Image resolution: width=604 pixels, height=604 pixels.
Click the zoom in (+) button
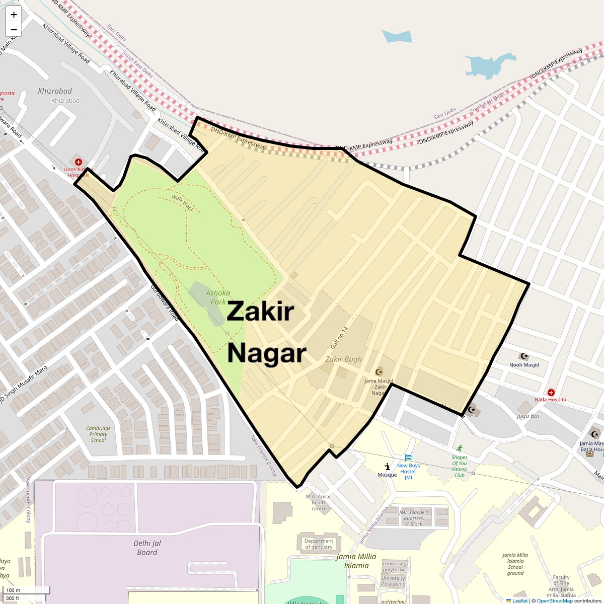pos(14,15)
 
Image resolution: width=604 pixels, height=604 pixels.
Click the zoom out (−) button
pos(14,29)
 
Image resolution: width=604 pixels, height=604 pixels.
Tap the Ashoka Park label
pos(218,297)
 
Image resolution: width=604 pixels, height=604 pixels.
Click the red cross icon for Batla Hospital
pos(551,392)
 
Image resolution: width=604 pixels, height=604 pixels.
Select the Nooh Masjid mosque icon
pos(524,356)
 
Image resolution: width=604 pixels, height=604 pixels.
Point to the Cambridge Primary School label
pos(98,434)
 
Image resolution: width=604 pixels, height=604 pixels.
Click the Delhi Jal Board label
pos(147,548)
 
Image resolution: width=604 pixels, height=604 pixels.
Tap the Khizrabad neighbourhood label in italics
pos(55,91)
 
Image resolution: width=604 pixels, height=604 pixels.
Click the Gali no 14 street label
pos(339,338)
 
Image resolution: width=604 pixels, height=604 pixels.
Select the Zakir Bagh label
pos(343,359)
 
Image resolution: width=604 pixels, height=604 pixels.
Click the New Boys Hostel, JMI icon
pos(408,458)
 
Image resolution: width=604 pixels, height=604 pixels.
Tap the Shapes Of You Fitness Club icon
pos(459,448)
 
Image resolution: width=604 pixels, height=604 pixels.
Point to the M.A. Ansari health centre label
pos(319,502)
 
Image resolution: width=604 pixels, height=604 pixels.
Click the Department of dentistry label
pos(319,544)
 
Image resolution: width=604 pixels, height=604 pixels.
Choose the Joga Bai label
pos(528,416)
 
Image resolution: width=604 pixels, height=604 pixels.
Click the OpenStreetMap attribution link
pos(554,600)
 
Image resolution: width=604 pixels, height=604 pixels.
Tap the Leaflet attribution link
pos(520,600)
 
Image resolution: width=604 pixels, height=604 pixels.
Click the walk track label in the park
pos(183,202)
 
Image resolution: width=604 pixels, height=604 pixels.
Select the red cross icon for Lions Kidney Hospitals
pos(79,162)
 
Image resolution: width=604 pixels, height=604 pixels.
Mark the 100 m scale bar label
pos(14,590)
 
